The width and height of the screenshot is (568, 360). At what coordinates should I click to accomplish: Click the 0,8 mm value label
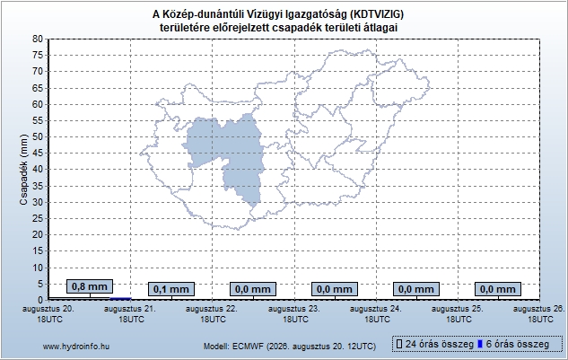(90, 286)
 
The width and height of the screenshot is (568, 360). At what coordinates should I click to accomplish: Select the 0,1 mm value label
(171, 289)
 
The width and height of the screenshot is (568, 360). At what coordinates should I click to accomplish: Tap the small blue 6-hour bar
(120, 299)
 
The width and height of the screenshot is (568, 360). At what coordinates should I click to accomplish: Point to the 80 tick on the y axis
(38, 39)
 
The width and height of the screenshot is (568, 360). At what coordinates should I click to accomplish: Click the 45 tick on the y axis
(38, 153)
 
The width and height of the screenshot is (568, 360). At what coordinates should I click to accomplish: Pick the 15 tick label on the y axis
(38, 250)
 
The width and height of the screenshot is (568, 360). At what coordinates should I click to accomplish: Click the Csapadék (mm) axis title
(24, 170)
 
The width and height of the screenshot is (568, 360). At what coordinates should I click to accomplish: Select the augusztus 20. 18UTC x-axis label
(48, 314)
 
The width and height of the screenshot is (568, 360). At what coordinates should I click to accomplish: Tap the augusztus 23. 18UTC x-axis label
(294, 314)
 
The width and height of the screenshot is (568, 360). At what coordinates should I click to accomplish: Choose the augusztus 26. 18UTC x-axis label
(539, 314)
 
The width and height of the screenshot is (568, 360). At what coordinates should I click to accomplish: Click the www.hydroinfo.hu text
(76, 347)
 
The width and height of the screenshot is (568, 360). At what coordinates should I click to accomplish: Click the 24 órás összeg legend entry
(435, 344)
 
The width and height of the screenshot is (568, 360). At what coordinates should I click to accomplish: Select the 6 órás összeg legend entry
(514, 344)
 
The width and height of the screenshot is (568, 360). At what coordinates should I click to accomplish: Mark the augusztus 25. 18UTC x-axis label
(458, 314)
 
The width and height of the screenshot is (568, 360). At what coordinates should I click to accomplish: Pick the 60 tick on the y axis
(38, 104)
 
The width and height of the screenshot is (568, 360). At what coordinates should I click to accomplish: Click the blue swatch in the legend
(480, 344)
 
